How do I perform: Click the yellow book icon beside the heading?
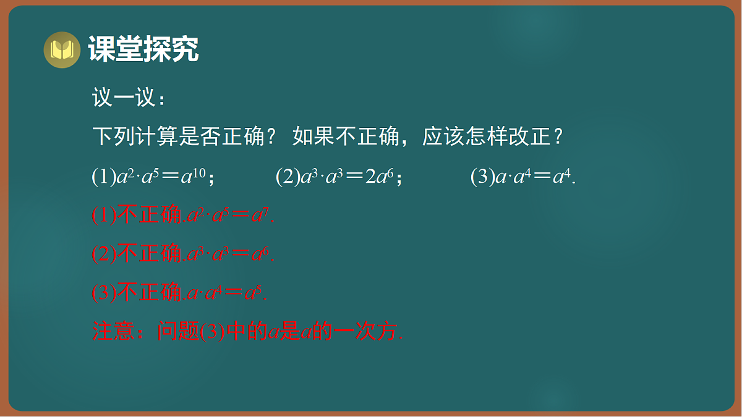click(62, 49)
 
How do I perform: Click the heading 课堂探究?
click(143, 49)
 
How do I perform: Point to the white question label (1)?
click(103, 178)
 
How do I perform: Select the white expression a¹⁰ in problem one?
click(194, 178)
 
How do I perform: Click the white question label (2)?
click(288, 178)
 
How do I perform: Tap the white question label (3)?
click(483, 178)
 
